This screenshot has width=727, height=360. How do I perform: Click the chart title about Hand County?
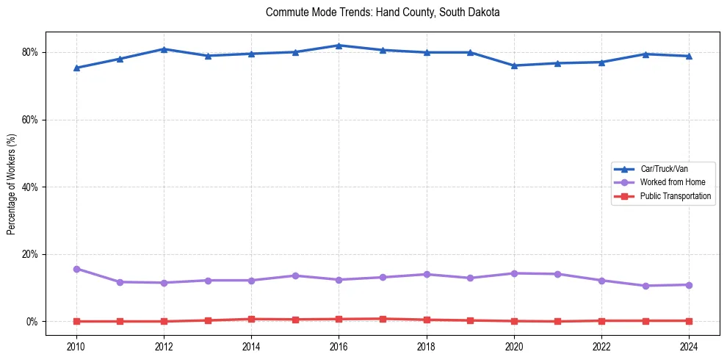pos(383,12)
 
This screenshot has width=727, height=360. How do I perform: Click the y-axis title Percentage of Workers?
pos(12,184)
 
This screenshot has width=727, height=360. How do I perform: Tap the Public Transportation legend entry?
pos(675,196)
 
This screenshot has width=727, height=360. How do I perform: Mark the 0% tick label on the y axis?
pos(32,322)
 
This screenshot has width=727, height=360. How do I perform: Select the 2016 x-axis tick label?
pos(339,346)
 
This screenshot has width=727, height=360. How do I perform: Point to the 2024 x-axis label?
pos(689,346)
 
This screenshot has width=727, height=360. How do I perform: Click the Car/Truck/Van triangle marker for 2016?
pos(339,46)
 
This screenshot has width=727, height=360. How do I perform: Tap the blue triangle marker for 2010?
pos(76,68)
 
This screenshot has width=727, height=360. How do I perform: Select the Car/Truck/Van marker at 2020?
pos(514,65)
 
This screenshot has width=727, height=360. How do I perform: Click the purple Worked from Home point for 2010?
pos(76,269)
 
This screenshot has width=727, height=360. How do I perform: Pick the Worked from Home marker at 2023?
pos(645,286)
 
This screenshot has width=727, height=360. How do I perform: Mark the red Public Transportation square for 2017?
pos(383,319)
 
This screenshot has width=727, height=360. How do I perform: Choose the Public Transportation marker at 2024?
pos(689,321)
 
